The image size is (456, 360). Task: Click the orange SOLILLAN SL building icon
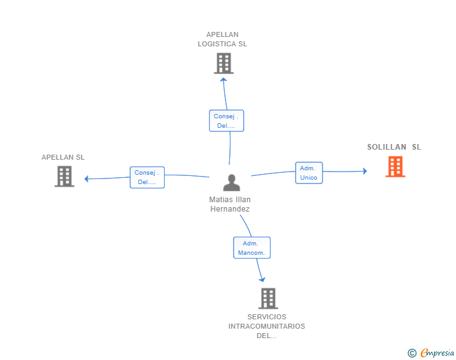[395, 167]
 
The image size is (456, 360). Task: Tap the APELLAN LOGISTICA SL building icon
[224, 63]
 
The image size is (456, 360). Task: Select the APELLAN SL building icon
[65, 177]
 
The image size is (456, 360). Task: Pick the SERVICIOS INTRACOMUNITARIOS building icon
[268, 299]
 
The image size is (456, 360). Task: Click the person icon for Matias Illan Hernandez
[232, 183]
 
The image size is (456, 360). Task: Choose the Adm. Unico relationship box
[309, 173]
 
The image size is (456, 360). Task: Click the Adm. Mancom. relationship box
[252, 248]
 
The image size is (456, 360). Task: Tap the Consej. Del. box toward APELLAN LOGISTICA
[227, 121]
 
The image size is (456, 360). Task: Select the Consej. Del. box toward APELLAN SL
[147, 177]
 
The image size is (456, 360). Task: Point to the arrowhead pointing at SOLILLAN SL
[365, 171]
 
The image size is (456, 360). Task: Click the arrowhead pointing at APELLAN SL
[86, 179]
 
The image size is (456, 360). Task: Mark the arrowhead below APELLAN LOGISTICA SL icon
[224, 80]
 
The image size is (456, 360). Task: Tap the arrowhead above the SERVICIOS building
[262, 279]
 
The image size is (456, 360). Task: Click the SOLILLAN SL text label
[394, 147]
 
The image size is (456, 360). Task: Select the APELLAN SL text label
[63, 157]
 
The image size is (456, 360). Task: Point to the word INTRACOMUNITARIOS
[267, 326]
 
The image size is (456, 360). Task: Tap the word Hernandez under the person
[230, 209]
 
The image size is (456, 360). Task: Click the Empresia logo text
[437, 352]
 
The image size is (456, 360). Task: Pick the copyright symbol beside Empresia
[412, 353]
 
